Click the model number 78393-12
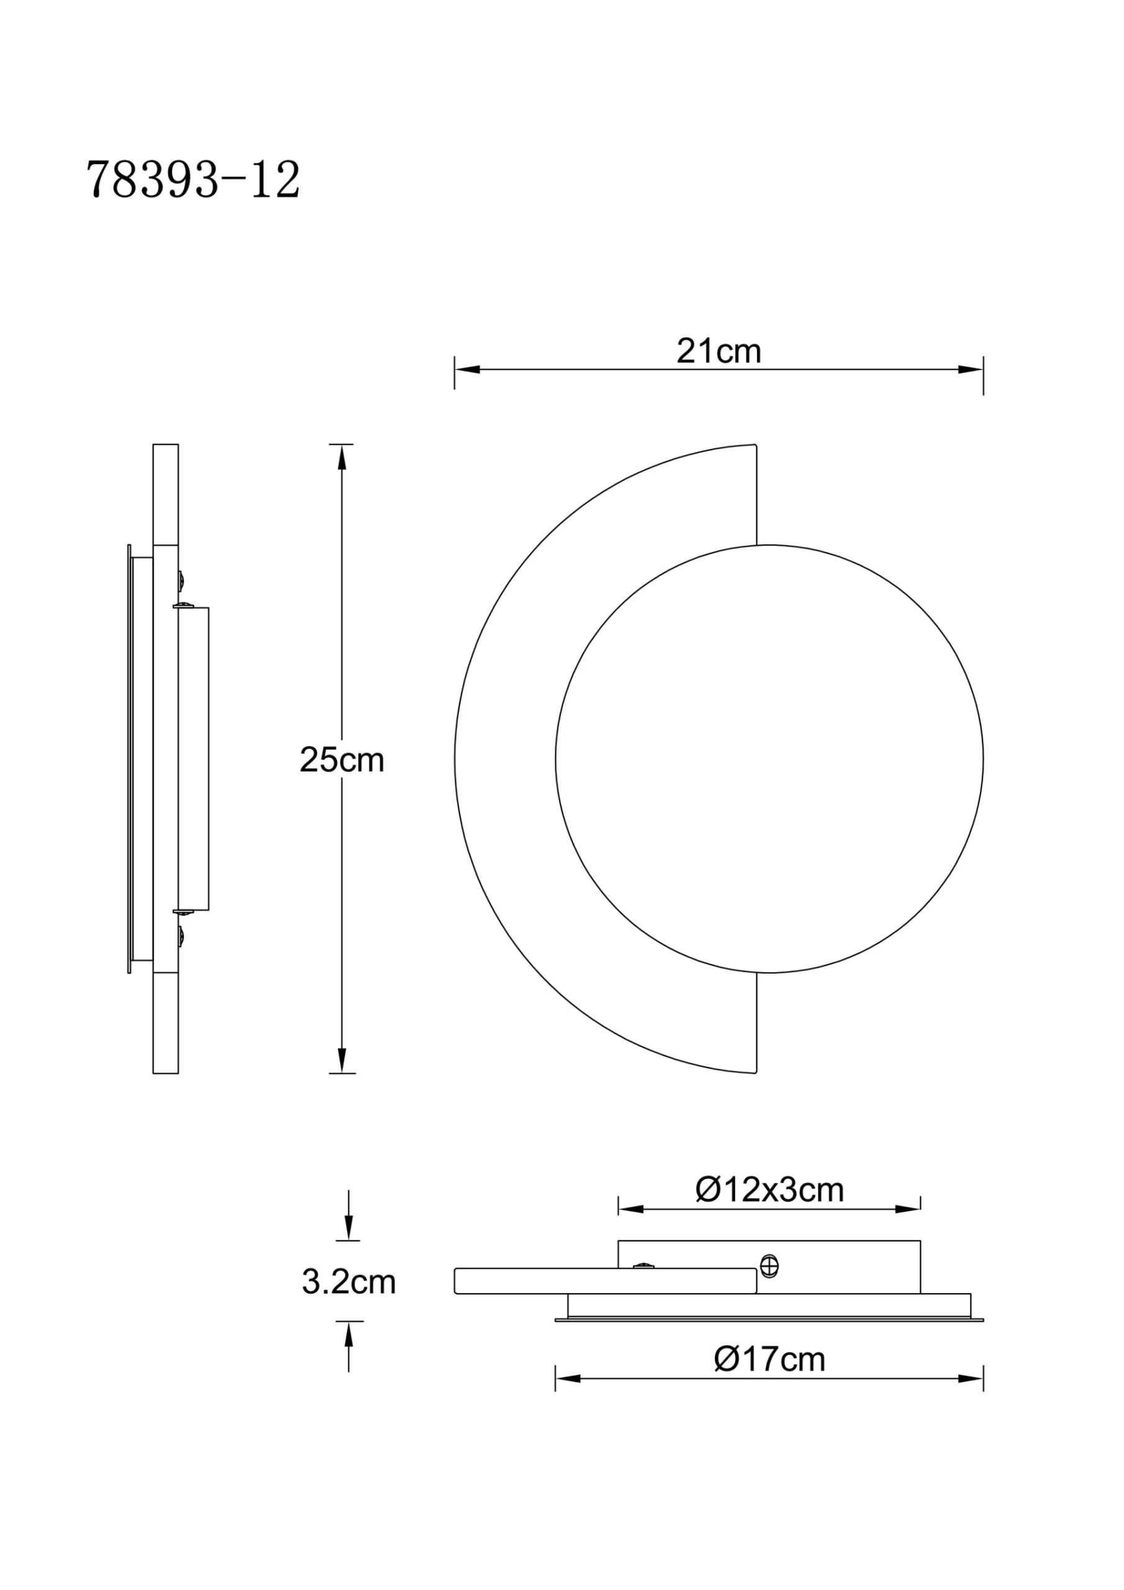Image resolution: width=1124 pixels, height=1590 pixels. [193, 181]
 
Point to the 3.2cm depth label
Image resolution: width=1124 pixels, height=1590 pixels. [348, 1282]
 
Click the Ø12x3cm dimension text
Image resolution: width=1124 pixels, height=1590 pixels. [769, 1190]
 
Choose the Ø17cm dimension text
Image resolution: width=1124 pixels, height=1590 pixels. [769, 1359]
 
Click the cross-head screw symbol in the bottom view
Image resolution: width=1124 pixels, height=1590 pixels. [769, 1266]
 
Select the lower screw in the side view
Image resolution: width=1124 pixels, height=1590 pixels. [181, 938]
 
